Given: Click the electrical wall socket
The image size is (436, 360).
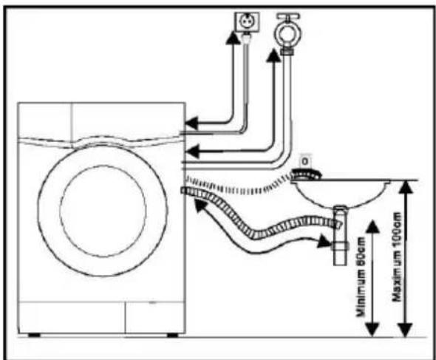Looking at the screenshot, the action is tap(247, 21).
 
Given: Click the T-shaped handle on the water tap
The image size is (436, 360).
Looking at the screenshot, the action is tap(288, 16).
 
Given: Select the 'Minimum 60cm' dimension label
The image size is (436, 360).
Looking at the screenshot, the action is tap(361, 276).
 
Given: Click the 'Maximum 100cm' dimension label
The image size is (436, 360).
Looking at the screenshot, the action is tap(397, 257).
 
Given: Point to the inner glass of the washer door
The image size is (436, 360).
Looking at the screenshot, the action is tap(103, 210).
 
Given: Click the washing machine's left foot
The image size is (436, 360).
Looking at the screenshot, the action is tap(34, 335).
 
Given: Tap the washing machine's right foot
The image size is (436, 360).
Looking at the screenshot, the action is tap(172, 335).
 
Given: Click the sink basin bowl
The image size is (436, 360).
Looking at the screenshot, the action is tap(341, 194).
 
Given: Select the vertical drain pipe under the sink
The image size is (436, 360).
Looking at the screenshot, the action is tap(340, 236).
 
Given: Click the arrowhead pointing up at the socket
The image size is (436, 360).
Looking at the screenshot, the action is tap(232, 37).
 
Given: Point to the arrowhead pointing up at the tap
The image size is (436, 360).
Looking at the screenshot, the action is tap(273, 55).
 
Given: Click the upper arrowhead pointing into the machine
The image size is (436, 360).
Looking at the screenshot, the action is tap(192, 123).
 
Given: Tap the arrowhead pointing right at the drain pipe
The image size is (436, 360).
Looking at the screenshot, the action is tap(324, 241).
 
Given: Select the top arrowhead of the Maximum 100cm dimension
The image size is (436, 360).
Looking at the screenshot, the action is tap(406, 187).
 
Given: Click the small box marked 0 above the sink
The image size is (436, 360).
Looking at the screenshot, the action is tap(305, 161).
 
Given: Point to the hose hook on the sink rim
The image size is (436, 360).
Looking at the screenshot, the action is tap(306, 174).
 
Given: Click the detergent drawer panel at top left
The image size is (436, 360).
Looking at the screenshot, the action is tap(45, 120).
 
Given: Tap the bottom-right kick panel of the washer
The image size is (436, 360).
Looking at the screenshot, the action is tap(155, 317).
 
